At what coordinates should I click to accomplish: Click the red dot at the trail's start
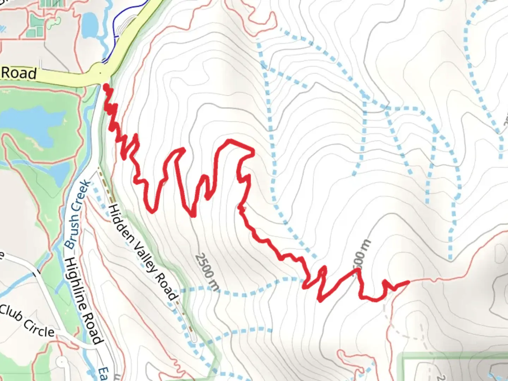click(106, 86)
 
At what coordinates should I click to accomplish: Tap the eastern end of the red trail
click(408, 282)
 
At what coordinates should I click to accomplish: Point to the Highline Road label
click(83, 300)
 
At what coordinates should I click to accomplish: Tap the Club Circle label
click(28, 321)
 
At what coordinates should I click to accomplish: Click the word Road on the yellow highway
click(19, 73)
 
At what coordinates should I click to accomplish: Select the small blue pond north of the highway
click(90, 25)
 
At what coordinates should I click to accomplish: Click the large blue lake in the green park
click(32, 125)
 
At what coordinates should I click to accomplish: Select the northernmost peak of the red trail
click(230, 141)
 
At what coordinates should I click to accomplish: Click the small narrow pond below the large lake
click(58, 173)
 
